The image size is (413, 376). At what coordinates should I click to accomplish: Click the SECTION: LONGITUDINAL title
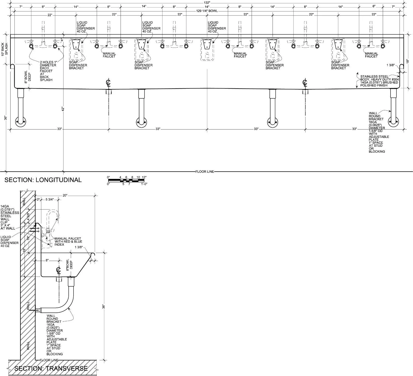pyautogui.click(x=43, y=180)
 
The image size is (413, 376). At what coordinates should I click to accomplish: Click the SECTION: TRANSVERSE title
pyautogui.click(x=51, y=368)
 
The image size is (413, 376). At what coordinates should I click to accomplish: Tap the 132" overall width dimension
pyautogui.click(x=207, y=3)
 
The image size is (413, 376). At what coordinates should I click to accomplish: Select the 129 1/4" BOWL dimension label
pyautogui.click(x=207, y=11)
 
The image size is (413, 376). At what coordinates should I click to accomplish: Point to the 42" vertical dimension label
pyautogui.click(x=62, y=109)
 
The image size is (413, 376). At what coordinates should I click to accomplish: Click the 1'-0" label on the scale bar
pyautogui.click(x=144, y=184)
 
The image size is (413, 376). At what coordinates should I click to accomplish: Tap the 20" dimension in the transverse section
pyautogui.click(x=65, y=196)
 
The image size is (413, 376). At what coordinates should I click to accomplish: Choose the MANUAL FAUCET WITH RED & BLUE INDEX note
pyautogui.click(x=68, y=241)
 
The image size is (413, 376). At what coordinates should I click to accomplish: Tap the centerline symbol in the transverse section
pyautogui.click(x=58, y=270)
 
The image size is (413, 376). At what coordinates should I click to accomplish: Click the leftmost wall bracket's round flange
pyautogui.click(x=20, y=121)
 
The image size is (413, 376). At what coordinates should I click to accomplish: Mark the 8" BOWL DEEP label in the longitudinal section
pyautogui.click(x=28, y=77)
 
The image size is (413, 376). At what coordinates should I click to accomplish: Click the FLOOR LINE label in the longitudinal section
pyautogui.click(x=205, y=172)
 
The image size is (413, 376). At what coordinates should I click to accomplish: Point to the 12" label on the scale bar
pyautogui.click(x=144, y=177)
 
